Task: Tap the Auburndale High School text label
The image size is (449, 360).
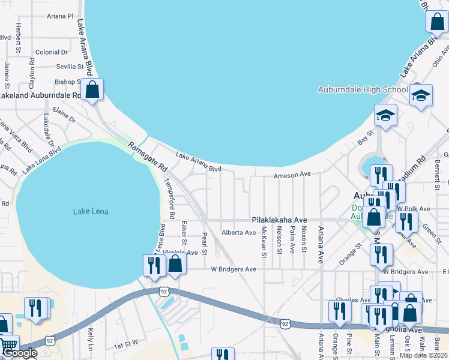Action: coord(363,90)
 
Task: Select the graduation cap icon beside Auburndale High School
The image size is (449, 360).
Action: coord(421,95)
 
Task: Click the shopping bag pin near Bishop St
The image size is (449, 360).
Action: coord(92,90)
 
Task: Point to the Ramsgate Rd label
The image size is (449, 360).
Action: coord(146,155)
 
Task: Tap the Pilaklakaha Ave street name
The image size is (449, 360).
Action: coord(279,220)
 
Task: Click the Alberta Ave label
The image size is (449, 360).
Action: coord(238,232)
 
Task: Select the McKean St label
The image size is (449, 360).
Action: coord(264,243)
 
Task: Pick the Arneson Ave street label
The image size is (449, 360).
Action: coord(292,175)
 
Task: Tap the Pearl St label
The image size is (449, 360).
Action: coord(205,243)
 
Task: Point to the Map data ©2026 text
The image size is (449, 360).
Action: coord(424,355)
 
